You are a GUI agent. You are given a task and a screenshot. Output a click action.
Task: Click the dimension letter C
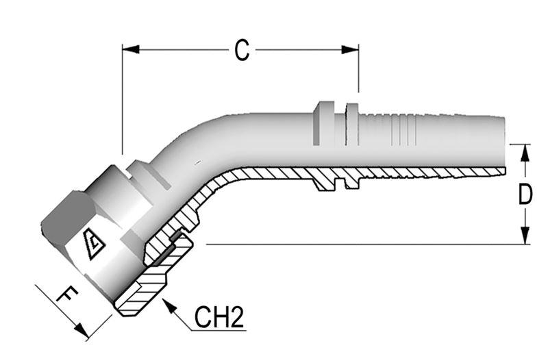[x=241, y=50]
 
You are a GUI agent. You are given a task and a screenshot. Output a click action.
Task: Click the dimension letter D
[x=525, y=195]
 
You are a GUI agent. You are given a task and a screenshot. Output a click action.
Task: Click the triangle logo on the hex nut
[x=92, y=242]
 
